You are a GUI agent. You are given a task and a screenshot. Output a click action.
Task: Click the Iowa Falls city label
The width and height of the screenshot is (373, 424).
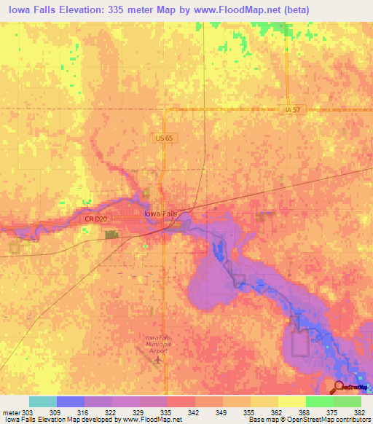coord(160,213)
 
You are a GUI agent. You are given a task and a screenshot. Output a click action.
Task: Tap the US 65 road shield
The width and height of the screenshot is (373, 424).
coord(162,137)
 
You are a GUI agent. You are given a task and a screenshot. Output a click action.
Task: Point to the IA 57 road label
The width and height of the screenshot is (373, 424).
coord(293,109)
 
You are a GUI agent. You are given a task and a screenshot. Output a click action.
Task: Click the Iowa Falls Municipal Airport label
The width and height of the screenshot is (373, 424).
coord(157,344)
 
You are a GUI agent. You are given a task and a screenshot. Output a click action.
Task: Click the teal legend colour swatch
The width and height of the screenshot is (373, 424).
coord(43,401)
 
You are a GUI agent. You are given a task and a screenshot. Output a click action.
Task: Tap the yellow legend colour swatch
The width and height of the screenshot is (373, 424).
coord(291,401)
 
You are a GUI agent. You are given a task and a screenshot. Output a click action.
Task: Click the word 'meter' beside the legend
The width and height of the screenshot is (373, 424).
coord(11,412)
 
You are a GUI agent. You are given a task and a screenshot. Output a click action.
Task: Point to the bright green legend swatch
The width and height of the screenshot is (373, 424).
coord(319,401)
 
